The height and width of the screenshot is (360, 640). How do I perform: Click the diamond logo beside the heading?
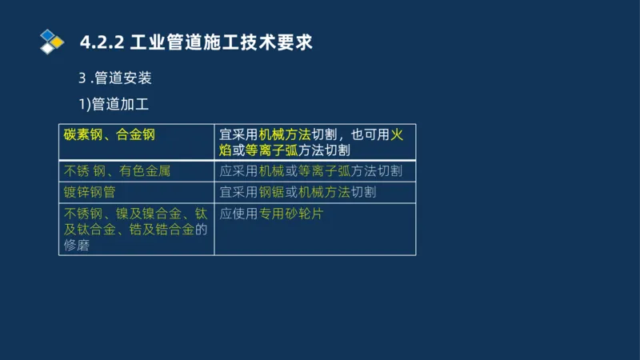coord(51,41)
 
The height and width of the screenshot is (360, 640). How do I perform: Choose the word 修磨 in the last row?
coord(77,246)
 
